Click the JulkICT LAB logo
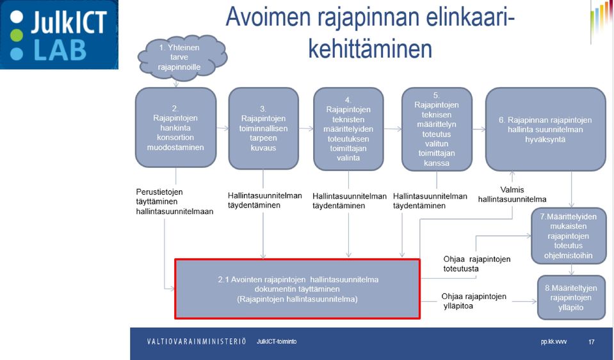(59, 35)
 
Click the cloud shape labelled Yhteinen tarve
(182, 58)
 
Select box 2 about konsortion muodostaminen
(175, 127)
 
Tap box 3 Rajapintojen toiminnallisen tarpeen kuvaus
(264, 128)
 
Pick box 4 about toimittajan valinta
(348, 129)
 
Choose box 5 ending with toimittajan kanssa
(437, 129)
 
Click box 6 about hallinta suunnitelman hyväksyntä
(545, 129)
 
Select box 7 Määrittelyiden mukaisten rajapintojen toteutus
(568, 236)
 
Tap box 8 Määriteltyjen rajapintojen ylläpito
(571, 298)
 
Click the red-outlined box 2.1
(298, 289)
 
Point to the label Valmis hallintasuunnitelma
(512, 195)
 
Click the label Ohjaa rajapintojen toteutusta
(476, 264)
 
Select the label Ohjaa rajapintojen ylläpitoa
(474, 301)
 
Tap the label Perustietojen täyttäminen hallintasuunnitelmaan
(175, 202)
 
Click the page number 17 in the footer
(592, 342)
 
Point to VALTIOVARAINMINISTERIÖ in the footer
(196, 341)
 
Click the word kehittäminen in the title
(370, 49)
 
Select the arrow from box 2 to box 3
(222, 128)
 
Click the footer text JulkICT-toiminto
(277, 341)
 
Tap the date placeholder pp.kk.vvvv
(554, 342)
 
